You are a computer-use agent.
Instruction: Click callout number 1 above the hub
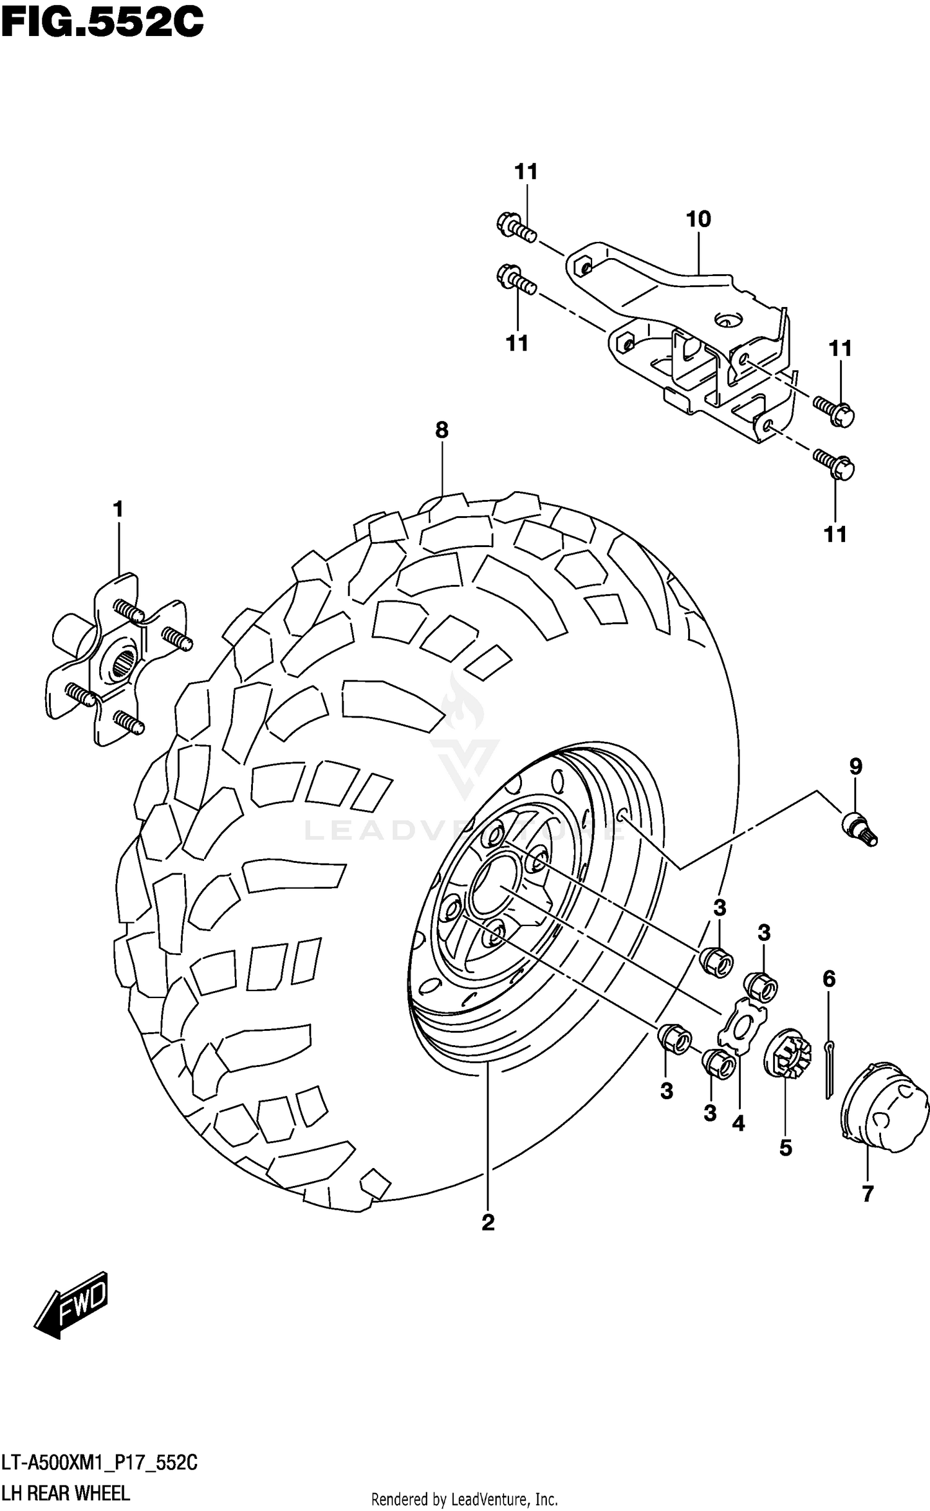tap(118, 510)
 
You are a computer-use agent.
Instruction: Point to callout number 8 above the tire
tap(441, 430)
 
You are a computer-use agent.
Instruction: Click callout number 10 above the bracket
tap(698, 219)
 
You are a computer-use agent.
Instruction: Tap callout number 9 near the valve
tap(856, 767)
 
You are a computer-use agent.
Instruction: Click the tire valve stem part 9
tap(859, 829)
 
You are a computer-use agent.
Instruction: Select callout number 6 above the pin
tap(829, 979)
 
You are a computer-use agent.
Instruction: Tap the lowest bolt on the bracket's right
tap(834, 466)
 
